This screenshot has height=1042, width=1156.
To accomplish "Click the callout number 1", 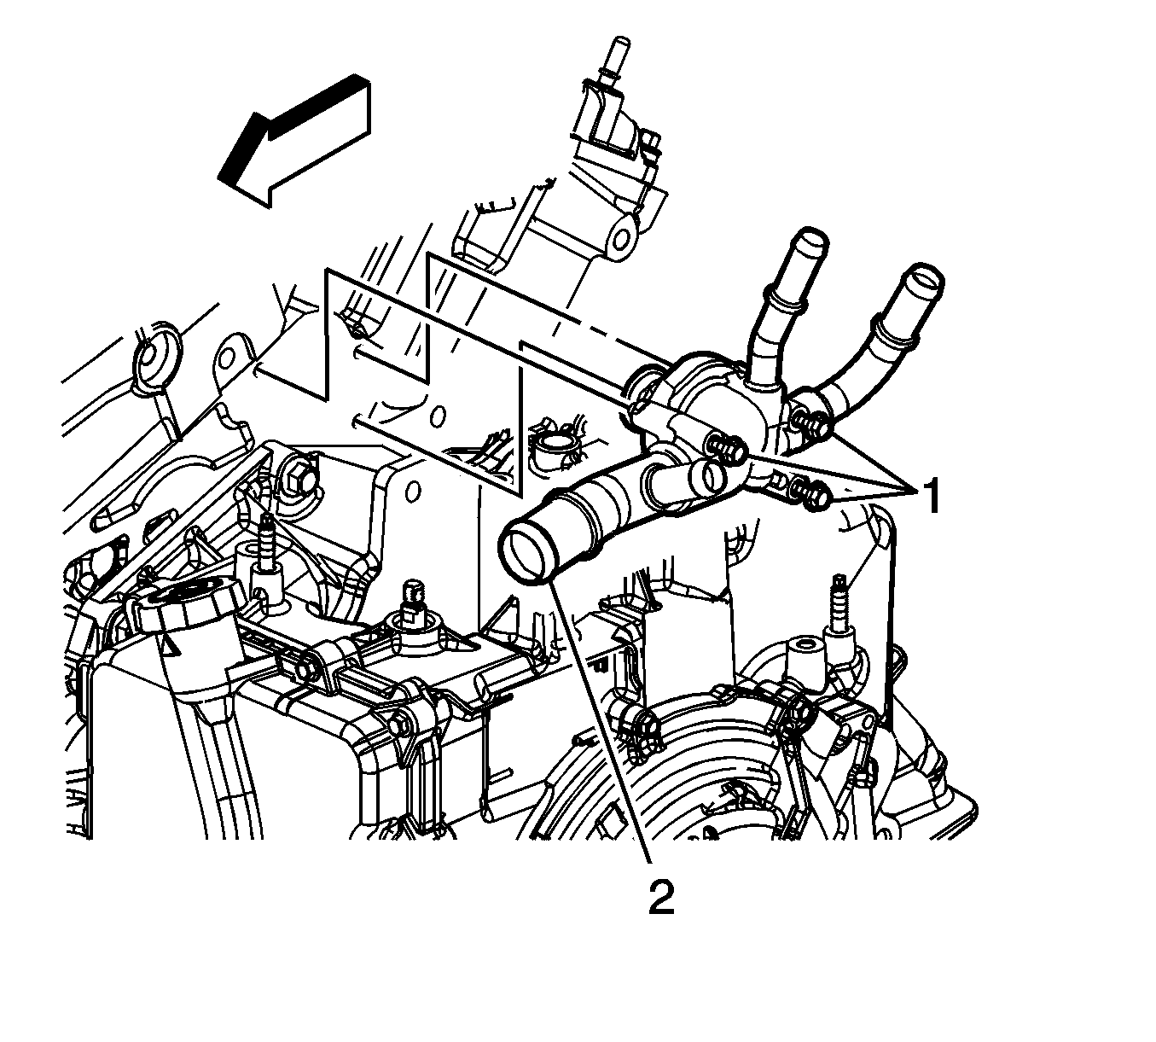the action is (x=930, y=495).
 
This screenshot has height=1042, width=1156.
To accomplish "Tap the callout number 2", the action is (x=661, y=897).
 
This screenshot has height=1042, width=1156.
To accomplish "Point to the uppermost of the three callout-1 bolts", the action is (x=813, y=422).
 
